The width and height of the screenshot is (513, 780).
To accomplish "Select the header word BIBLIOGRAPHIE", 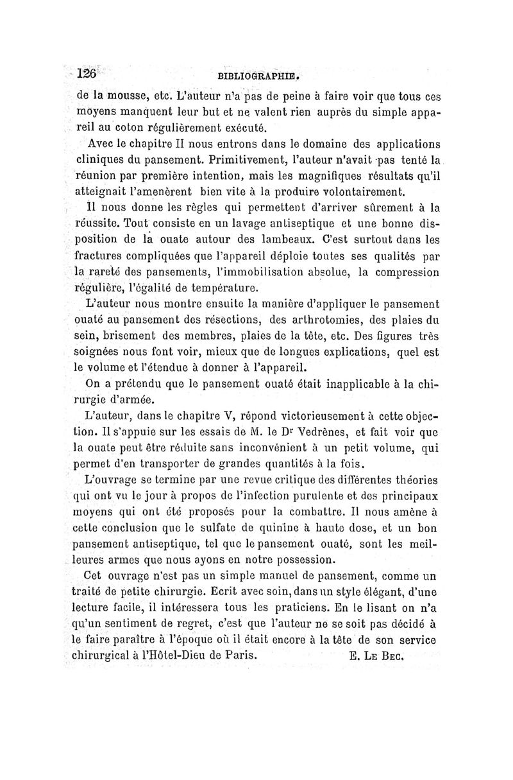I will (x=260, y=74).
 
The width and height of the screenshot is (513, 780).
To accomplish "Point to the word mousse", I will (x=119, y=98).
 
